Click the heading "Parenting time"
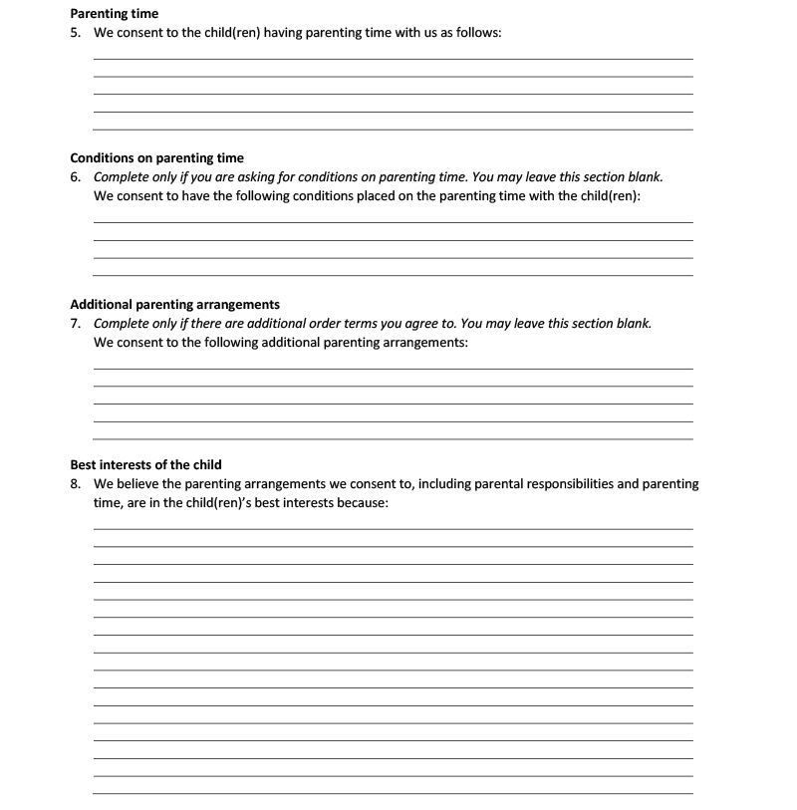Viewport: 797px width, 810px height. pyautogui.click(x=114, y=14)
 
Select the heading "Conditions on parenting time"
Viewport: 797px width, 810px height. pyautogui.click(x=156, y=158)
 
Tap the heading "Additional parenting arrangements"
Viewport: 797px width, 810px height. pyautogui.click(x=174, y=305)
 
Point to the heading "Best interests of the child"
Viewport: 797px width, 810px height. pyautogui.click(x=145, y=465)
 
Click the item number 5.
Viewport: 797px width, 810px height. pyautogui.click(x=75, y=33)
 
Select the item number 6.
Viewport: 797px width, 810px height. pyautogui.click(x=75, y=177)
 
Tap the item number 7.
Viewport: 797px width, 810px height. pyautogui.click(x=75, y=324)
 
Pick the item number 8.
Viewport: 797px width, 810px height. pyautogui.click(x=75, y=484)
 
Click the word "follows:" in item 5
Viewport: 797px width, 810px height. pyautogui.click(x=475, y=33)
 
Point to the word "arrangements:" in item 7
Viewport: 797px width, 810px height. pyautogui.click(x=422, y=343)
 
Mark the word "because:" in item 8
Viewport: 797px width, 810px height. pyautogui.click(x=360, y=503)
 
